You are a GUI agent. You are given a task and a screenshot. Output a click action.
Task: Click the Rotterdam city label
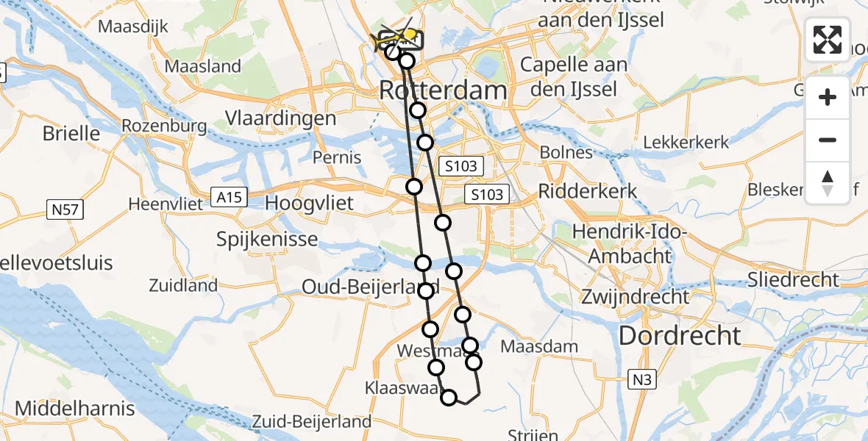coord(443,91)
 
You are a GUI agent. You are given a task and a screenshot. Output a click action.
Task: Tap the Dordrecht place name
coord(680,336)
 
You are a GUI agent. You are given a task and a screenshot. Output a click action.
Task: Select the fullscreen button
coord(828,40)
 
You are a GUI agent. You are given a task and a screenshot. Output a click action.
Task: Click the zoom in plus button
coord(828,97)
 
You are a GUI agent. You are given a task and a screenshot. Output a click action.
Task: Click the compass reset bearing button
coord(828,182)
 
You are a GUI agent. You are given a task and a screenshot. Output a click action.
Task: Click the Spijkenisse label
coord(268,239)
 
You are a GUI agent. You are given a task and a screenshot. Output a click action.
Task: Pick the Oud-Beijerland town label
coord(370,287)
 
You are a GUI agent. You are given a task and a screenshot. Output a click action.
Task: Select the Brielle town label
coord(71,133)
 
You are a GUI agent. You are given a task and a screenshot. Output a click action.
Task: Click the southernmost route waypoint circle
coord(449,398)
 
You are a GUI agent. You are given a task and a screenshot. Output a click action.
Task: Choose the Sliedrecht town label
coord(792,279)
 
